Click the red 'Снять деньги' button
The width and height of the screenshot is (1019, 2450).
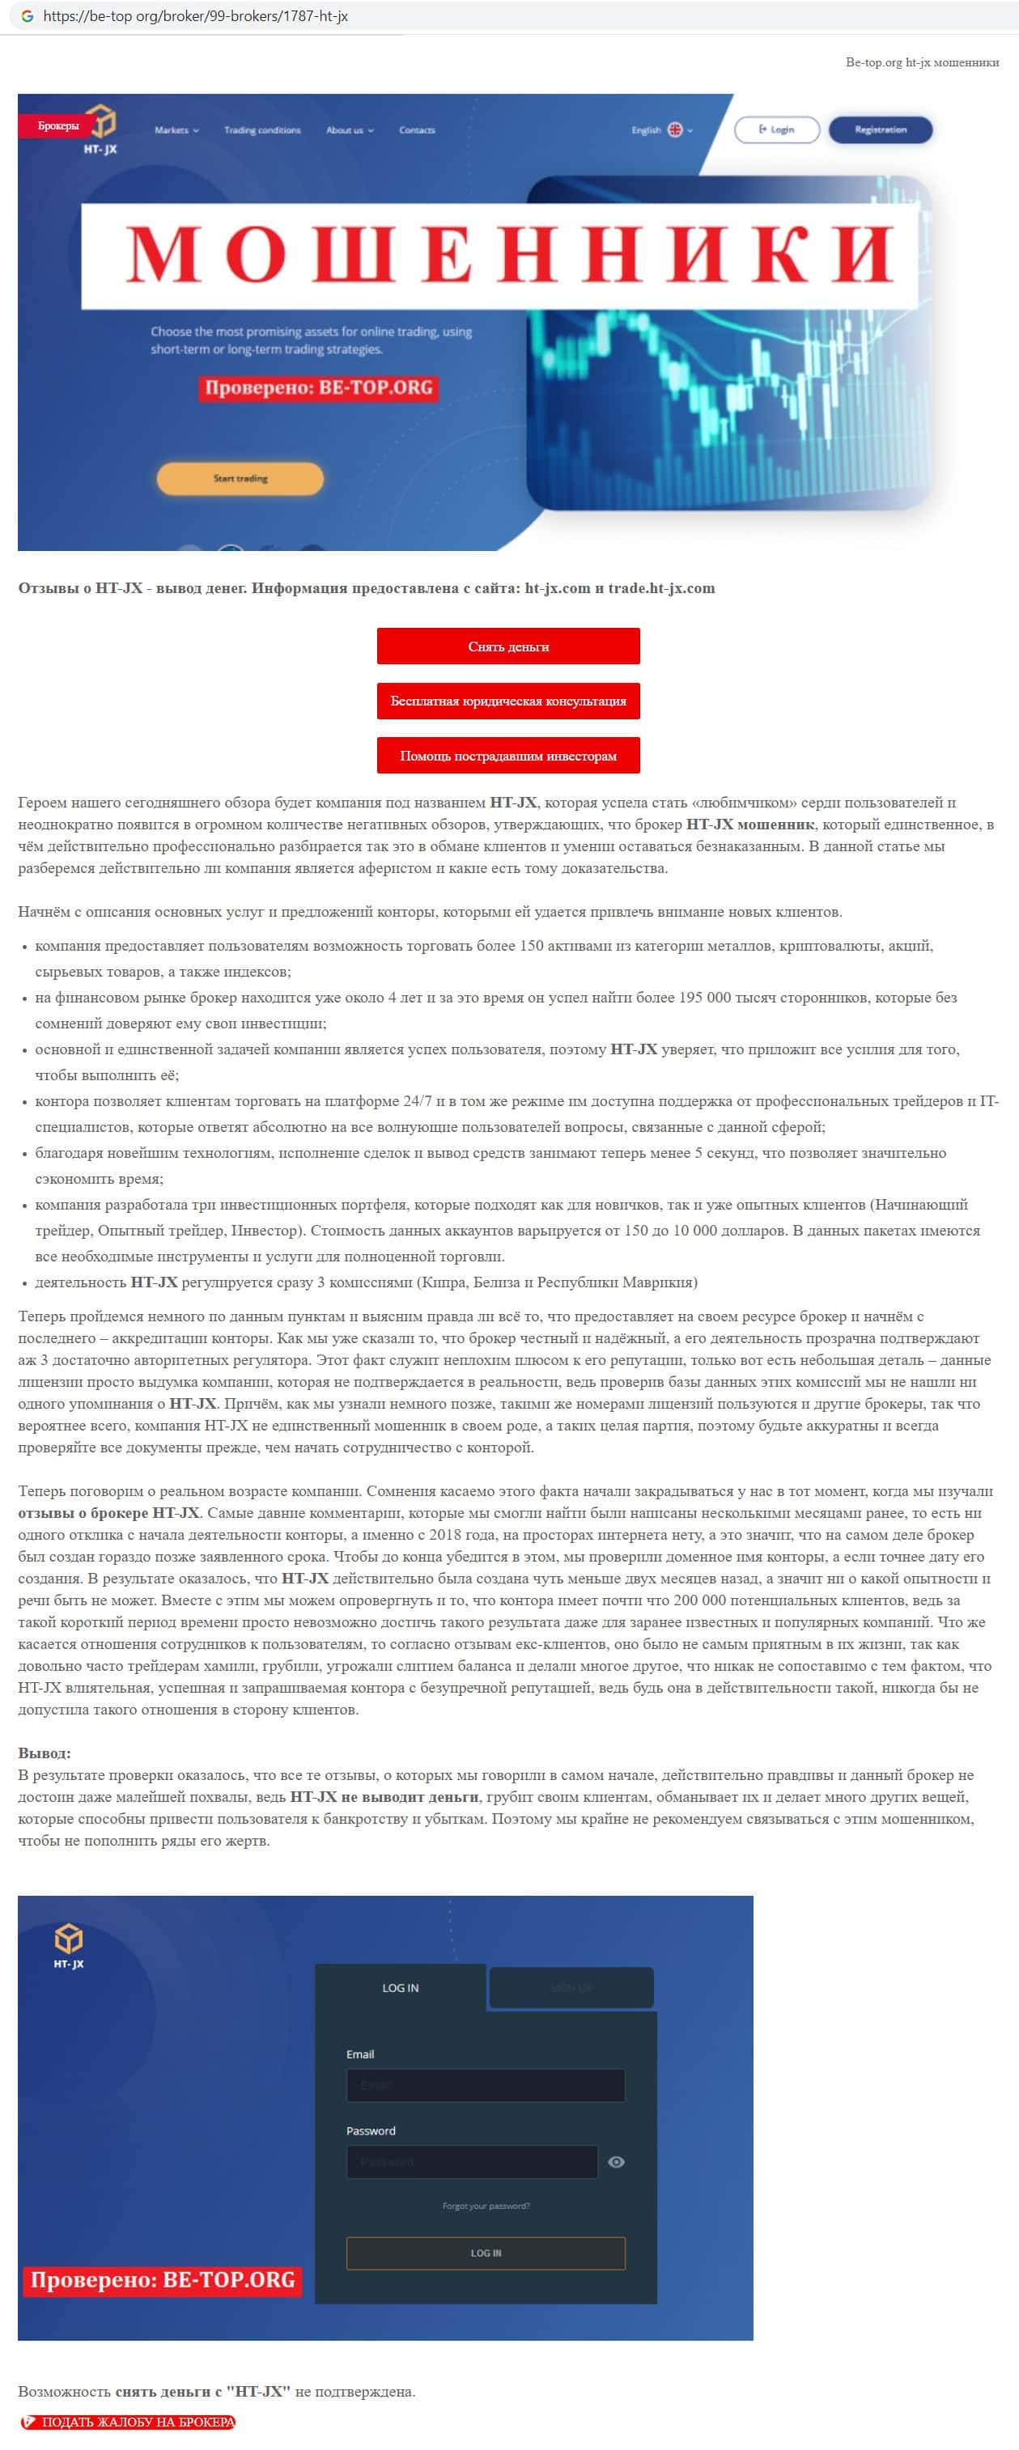[508, 646]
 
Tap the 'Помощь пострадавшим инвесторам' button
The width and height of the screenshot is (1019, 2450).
[508, 755]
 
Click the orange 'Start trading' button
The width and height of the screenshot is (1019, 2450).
[240, 478]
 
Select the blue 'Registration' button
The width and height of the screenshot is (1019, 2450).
[880, 129]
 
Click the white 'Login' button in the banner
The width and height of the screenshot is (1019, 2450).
[776, 129]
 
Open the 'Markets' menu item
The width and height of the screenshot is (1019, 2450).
[176, 130]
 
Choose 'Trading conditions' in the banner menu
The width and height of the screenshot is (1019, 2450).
[261, 130]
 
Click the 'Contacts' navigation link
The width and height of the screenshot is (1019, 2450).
[417, 130]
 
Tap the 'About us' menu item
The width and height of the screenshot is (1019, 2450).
[349, 130]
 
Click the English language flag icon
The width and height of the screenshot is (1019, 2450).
[674, 129]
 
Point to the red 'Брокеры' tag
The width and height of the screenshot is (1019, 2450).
[58, 125]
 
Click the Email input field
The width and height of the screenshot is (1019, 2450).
[486, 2085]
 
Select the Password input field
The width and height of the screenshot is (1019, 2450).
[472, 2162]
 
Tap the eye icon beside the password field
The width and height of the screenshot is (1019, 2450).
[617, 2162]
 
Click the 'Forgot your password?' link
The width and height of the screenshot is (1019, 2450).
[486, 2206]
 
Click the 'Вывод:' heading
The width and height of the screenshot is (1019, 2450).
[45, 1753]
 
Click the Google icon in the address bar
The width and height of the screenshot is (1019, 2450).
[27, 16]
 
